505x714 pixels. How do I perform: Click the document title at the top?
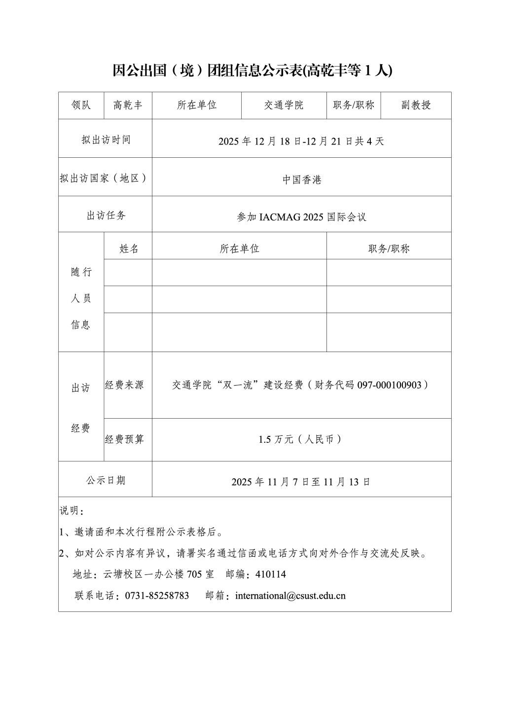click(252, 71)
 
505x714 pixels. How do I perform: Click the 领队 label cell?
click(81, 105)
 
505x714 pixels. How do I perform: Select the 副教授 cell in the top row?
click(416, 105)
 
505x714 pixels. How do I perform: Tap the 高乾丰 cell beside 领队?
click(128, 105)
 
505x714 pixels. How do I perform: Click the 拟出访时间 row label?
click(106, 140)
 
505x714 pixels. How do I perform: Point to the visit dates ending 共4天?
click(301, 141)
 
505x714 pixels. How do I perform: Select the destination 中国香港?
click(302, 180)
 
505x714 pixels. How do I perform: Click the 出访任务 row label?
click(106, 215)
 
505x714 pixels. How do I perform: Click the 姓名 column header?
click(129, 249)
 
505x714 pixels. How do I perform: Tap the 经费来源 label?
click(124, 385)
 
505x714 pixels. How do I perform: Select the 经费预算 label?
click(124, 439)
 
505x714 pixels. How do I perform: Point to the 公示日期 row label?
click(106, 480)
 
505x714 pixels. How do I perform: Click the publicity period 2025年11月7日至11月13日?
click(301, 482)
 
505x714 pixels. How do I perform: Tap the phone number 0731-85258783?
click(157, 596)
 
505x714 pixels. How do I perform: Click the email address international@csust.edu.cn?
click(290, 596)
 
